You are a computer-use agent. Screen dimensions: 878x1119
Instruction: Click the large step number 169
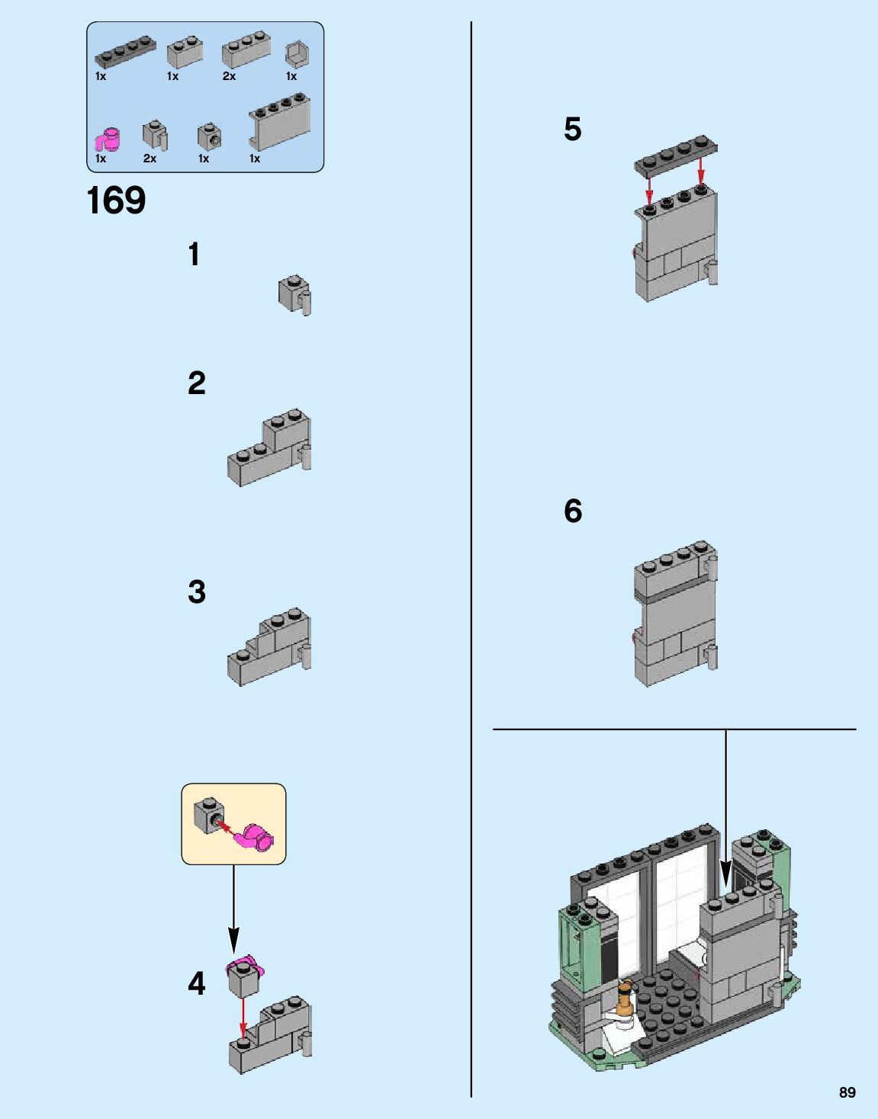(x=117, y=200)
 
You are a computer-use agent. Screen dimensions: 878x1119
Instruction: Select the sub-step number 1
(x=194, y=255)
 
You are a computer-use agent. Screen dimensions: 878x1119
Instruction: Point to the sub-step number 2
(x=197, y=383)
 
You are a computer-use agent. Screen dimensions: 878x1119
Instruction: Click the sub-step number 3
(x=197, y=592)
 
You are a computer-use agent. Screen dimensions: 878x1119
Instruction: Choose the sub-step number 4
(x=197, y=984)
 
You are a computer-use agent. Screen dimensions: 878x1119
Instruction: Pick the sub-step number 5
(x=572, y=129)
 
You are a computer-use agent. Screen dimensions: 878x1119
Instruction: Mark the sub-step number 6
(x=573, y=511)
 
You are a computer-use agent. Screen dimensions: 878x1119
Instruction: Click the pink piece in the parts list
(x=108, y=139)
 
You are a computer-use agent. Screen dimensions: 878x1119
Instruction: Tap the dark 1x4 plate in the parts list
(x=125, y=52)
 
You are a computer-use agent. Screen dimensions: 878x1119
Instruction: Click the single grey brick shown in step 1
(x=294, y=295)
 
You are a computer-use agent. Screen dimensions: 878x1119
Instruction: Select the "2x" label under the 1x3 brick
(x=230, y=76)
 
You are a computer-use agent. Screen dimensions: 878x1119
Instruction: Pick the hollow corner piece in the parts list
(x=297, y=54)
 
